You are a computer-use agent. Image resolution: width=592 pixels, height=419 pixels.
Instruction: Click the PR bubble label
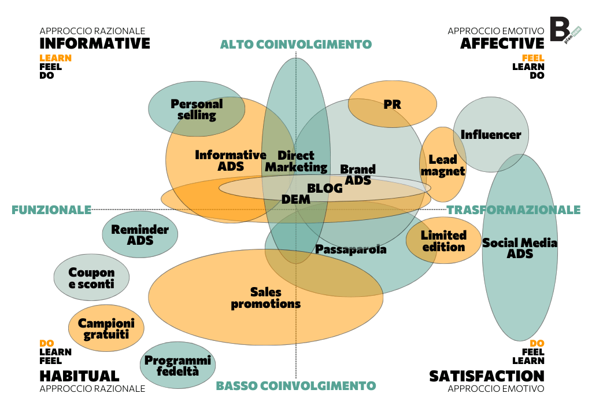pos(392,105)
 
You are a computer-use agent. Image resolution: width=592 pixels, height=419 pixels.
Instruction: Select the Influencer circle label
pos(491,135)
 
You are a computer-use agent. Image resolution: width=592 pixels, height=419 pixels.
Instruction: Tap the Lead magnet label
pos(443,165)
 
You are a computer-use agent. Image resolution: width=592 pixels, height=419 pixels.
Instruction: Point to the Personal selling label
pos(197,109)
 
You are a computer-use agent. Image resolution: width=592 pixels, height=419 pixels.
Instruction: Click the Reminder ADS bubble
pos(140,234)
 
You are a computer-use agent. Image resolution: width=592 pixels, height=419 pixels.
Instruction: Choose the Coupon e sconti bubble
pos(91,278)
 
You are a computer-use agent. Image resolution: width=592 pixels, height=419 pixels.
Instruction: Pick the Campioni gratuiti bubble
pos(106,329)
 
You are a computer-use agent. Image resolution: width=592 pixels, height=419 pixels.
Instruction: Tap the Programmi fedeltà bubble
pos(178,366)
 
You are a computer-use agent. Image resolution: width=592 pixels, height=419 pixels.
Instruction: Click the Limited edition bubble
pos(443,241)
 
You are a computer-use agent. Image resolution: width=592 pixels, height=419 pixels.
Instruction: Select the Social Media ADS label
pos(520,248)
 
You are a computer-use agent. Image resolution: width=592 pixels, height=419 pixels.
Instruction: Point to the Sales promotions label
pos(266,297)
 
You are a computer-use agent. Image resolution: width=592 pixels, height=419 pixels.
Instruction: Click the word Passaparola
pos(351,249)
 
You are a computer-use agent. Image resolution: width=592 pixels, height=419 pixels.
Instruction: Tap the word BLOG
pos(325,188)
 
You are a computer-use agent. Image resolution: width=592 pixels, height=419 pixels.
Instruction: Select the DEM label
pos(296,199)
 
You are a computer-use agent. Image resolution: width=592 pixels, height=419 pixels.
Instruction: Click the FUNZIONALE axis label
pos(51,209)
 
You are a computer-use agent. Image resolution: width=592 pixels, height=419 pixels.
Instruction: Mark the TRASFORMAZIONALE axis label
pos(513,209)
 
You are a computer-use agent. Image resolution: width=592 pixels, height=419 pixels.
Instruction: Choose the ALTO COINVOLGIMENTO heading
pos(296,45)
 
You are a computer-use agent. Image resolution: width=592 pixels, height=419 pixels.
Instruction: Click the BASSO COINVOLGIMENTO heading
pos(296,386)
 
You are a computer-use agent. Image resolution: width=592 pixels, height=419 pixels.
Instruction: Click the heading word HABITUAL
pos(79,376)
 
